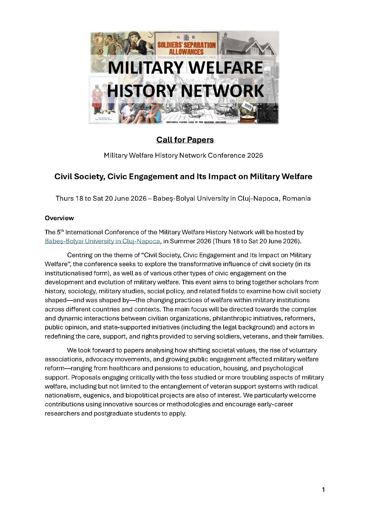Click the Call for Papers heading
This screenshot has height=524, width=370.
point(185,140)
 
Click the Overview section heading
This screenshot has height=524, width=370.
point(59,218)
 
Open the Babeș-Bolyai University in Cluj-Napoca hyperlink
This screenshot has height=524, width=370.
point(102,241)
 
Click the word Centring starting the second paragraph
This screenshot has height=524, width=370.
point(80,255)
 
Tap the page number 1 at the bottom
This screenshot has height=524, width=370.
point(323,489)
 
